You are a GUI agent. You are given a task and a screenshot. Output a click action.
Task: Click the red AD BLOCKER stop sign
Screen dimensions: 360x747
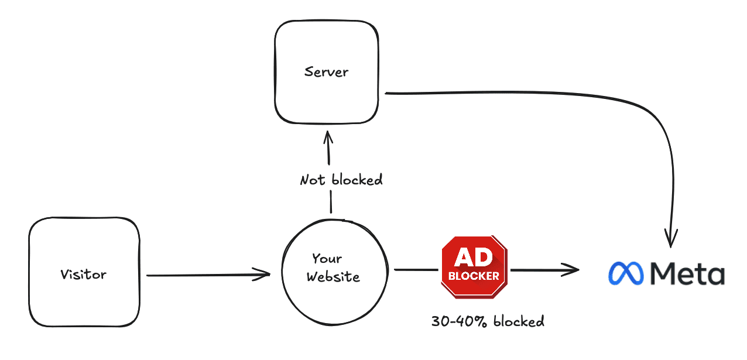coord(474,266)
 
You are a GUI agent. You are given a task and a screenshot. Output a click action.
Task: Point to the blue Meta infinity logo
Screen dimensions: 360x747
coord(626,273)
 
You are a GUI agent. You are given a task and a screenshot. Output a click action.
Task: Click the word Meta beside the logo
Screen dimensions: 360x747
coord(687,273)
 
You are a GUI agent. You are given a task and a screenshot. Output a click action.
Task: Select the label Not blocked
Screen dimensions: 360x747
coord(341,180)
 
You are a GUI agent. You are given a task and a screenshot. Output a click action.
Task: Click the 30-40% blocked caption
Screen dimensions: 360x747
coord(488,321)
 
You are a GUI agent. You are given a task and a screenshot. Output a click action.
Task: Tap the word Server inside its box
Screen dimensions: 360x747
coord(327,72)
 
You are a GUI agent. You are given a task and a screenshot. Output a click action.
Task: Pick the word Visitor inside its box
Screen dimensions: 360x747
coord(84,274)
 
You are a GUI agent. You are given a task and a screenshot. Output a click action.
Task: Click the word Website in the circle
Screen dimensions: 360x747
coord(334,276)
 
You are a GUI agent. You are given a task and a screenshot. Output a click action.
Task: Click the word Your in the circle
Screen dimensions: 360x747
coord(327,259)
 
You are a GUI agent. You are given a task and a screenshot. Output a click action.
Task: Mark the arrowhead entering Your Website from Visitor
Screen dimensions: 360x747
coord(263,274)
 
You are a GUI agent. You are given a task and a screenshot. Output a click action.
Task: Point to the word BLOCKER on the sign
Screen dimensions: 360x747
coord(474,275)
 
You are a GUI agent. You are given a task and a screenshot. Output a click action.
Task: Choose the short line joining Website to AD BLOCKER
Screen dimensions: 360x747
coord(416,270)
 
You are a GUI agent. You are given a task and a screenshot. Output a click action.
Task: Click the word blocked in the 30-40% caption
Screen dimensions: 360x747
coord(519,321)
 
